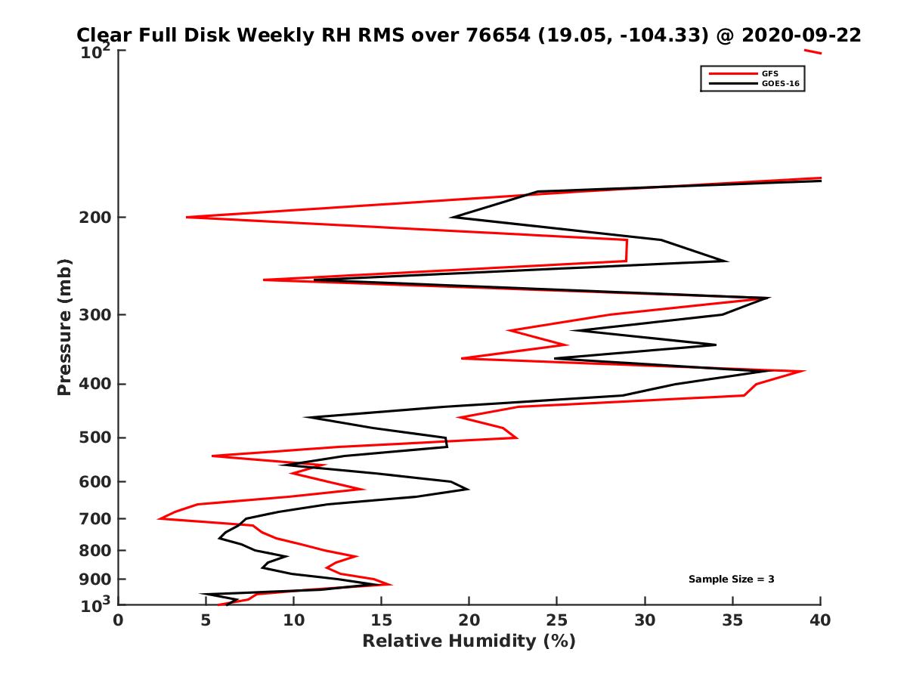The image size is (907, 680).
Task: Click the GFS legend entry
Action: [x=770, y=74]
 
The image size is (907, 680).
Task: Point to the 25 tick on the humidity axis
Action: [x=557, y=620]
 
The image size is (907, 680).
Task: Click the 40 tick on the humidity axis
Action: [x=821, y=620]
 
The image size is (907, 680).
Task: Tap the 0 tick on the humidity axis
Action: [x=119, y=620]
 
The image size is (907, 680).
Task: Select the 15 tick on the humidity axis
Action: [x=382, y=620]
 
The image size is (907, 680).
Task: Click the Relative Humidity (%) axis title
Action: [x=469, y=641]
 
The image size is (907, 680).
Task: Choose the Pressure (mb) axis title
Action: [x=64, y=327]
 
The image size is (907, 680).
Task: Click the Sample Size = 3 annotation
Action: [x=731, y=580]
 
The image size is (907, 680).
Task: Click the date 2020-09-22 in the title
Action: [x=801, y=36]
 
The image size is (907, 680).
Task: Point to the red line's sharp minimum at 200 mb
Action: [x=187, y=218]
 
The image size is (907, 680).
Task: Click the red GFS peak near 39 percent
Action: [x=804, y=371]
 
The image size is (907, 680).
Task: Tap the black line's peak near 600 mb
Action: [x=468, y=489]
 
